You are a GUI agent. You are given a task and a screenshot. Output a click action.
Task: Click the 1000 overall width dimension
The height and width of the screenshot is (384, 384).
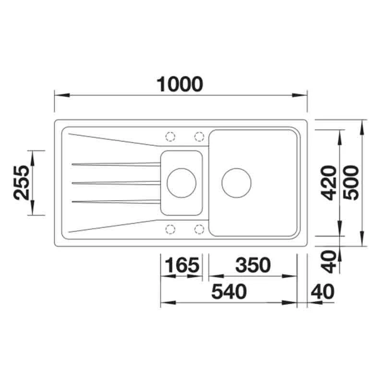pos(180,84)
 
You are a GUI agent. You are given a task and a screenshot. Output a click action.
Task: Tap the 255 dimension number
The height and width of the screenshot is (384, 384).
pos(21,183)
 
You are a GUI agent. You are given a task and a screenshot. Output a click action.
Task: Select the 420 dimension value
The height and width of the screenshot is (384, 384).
pos(329,183)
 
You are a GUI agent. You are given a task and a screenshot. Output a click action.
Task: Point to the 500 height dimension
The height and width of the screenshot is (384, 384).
pos(351,183)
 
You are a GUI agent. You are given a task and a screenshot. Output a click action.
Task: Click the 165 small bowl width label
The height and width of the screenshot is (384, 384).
pos(182,265)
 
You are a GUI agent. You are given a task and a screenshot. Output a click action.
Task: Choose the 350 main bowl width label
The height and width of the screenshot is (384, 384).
pos(253,265)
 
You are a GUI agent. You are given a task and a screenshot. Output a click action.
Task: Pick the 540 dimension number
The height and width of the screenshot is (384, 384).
pos(229,291)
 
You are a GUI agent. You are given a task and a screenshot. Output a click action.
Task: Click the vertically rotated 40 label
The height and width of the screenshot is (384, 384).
pos(329,262)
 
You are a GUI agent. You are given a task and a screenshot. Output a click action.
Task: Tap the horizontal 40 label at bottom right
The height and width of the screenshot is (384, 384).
pos(322,291)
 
